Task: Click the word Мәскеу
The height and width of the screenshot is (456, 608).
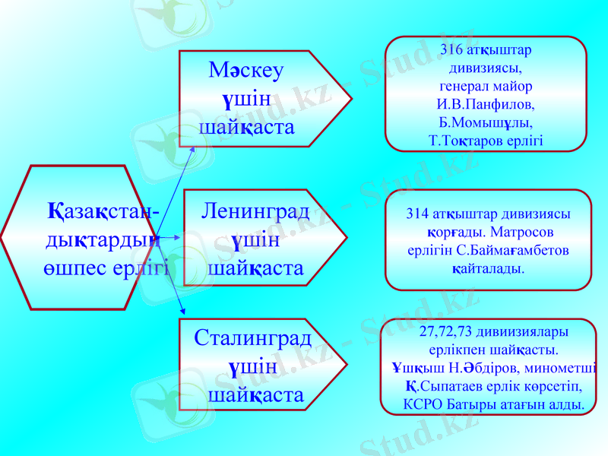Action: [245, 71]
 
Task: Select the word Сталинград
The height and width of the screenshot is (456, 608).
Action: [253, 337]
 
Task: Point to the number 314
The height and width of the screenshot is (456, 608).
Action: [419, 214]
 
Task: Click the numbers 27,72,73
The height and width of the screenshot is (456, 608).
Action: [445, 333]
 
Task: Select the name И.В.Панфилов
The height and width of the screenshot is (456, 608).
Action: [486, 103]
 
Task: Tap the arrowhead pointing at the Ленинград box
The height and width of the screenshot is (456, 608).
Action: [177, 238]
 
